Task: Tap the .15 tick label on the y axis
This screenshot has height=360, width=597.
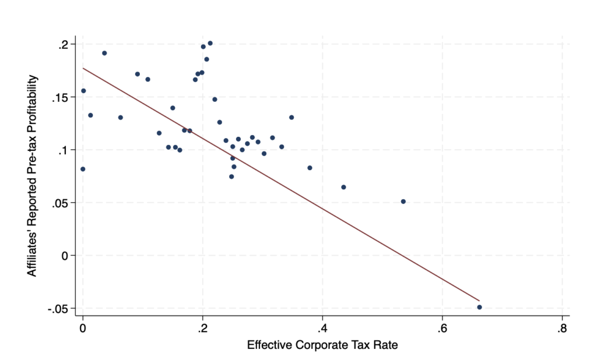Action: (61, 97)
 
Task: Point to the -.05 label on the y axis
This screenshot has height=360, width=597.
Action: (58, 308)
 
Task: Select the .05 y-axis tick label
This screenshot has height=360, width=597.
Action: (61, 203)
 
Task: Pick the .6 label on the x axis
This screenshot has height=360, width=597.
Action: (441, 327)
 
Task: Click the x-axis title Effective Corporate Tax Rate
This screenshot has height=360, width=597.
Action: (322, 345)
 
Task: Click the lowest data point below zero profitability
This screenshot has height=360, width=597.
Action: (479, 307)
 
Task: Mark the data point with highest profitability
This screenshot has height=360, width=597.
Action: (210, 43)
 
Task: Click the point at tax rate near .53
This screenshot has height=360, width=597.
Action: (403, 202)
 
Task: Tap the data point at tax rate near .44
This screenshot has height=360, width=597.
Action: (343, 187)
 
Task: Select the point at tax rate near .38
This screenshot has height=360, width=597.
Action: (310, 168)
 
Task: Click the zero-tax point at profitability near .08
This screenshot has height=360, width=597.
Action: (83, 169)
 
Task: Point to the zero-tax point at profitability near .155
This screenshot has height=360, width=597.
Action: (83, 91)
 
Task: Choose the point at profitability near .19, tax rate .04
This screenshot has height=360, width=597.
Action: (104, 53)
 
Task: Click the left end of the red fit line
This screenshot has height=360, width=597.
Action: (83, 68)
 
